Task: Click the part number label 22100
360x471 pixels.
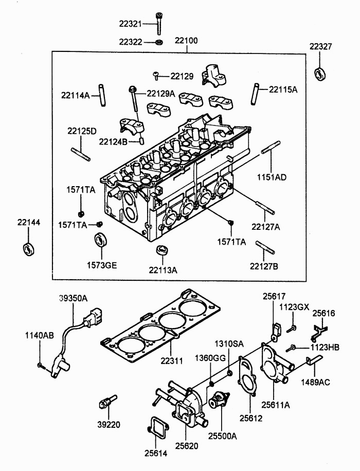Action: (x=186, y=40)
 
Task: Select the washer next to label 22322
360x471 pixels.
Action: (x=159, y=42)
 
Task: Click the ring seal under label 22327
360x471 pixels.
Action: (x=320, y=74)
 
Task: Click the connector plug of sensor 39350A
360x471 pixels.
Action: (x=94, y=317)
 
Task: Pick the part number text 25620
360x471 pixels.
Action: (x=186, y=445)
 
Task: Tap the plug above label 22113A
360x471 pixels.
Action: (x=163, y=252)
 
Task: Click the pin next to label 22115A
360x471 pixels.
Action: (x=256, y=93)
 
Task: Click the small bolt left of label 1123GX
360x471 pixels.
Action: (x=293, y=327)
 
